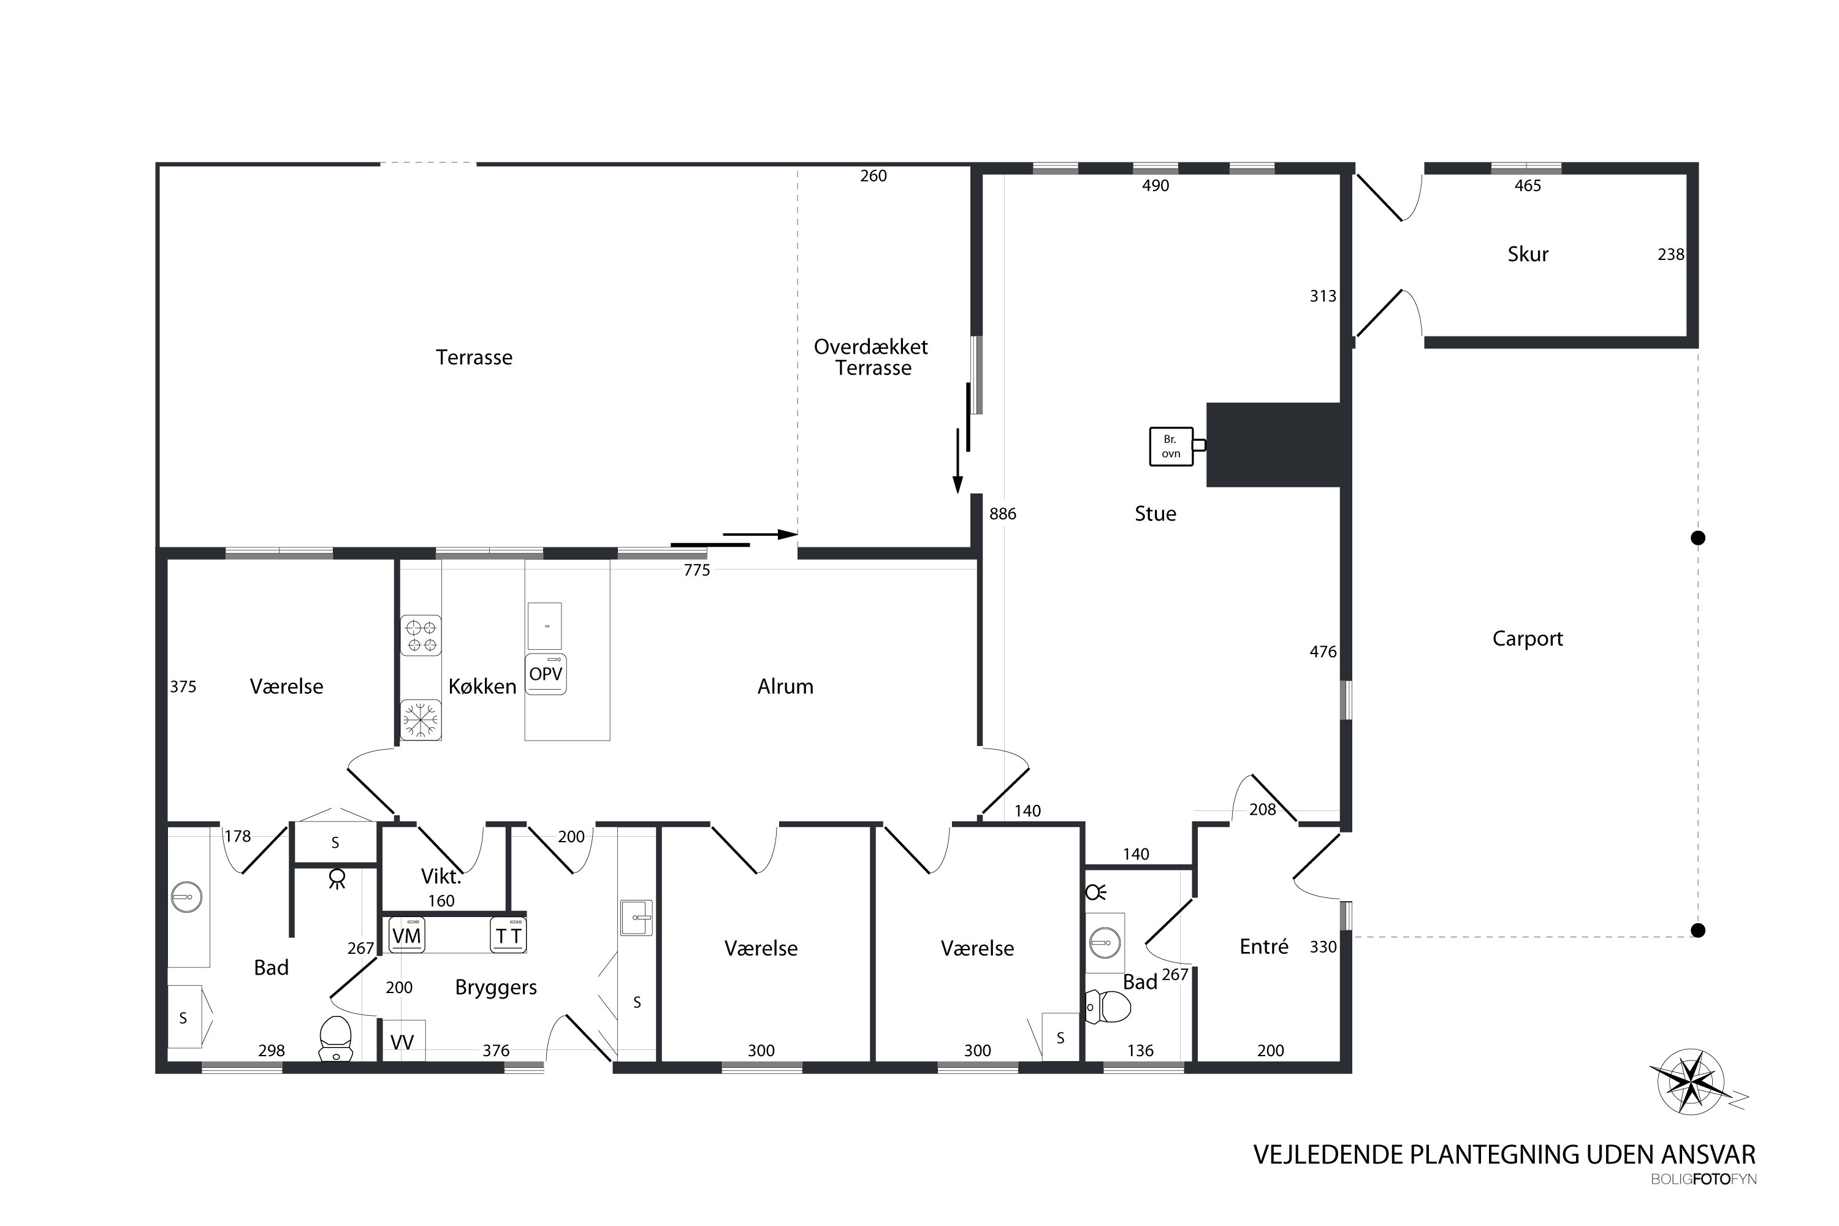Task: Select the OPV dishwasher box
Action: click(546, 674)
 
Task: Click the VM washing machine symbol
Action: click(406, 935)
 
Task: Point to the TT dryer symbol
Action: click(508, 935)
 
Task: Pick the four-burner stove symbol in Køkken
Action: click(421, 635)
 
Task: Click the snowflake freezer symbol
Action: click(421, 719)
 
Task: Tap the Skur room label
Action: click(1528, 254)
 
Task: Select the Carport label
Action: click(1528, 639)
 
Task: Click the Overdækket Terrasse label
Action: click(872, 357)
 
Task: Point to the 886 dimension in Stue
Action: click(1002, 514)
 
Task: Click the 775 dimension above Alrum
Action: click(696, 570)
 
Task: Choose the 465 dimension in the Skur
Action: click(1528, 185)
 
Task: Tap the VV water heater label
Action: click(402, 1042)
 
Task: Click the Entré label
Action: click(1263, 947)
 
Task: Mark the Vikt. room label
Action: click(441, 877)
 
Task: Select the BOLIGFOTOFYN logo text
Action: click(1704, 1179)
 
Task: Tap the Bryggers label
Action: click(496, 988)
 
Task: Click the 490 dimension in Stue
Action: click(1155, 185)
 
